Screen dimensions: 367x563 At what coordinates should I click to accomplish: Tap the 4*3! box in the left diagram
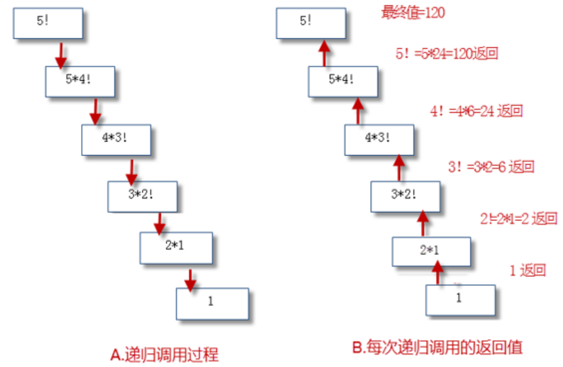click(x=116, y=139)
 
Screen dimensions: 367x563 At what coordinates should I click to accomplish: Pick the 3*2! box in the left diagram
click(x=142, y=196)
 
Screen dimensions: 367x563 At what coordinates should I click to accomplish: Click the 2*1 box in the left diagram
click(x=176, y=247)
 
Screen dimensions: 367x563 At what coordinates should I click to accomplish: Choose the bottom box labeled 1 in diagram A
click(x=212, y=303)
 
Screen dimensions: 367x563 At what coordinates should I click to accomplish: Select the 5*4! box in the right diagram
click(x=343, y=81)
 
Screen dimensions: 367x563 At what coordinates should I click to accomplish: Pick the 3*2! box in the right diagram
click(x=405, y=196)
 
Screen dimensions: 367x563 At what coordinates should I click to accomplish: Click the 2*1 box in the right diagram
click(x=431, y=251)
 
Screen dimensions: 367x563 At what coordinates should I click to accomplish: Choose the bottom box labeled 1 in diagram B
click(x=460, y=300)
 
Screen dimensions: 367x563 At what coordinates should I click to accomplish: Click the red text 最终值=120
click(x=413, y=12)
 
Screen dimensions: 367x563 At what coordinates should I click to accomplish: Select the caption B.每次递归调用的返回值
click(x=438, y=347)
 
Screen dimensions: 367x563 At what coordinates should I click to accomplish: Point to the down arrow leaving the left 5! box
click(x=60, y=53)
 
